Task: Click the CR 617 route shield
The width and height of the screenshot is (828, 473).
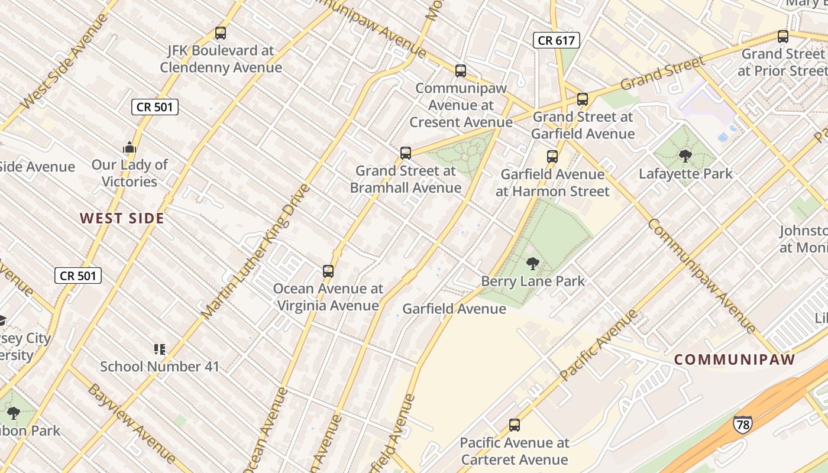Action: pos(556,40)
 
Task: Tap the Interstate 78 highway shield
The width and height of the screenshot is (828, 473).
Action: pos(742,424)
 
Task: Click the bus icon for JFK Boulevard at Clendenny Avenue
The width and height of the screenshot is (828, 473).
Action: pos(221,33)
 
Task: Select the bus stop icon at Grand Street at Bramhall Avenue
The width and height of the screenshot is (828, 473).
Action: pos(405,153)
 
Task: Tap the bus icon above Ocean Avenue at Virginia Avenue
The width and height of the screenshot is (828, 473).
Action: pos(328,271)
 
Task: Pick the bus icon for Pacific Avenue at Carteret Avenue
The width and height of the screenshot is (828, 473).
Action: pos(515,425)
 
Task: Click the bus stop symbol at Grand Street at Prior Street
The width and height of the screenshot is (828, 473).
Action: pos(783,36)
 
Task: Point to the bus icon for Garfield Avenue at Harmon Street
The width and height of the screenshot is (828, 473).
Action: pos(552,157)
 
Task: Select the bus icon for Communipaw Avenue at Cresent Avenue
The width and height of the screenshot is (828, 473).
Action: pos(461,71)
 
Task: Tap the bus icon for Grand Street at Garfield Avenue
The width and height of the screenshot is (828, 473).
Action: pos(583,99)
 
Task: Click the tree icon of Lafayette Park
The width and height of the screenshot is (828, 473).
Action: pos(685,156)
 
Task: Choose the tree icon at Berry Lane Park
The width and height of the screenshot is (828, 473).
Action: pos(533,264)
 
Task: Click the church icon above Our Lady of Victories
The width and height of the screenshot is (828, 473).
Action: pos(130,147)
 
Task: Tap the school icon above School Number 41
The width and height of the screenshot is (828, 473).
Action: pos(159,349)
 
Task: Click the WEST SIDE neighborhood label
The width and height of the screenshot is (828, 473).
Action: pos(122,219)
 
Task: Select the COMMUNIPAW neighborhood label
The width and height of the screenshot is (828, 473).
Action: pos(735,359)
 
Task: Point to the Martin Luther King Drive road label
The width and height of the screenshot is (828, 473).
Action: pos(255,251)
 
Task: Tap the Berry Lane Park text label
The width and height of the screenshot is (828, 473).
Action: pos(533,281)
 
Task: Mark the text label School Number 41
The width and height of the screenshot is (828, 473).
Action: pos(159,367)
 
